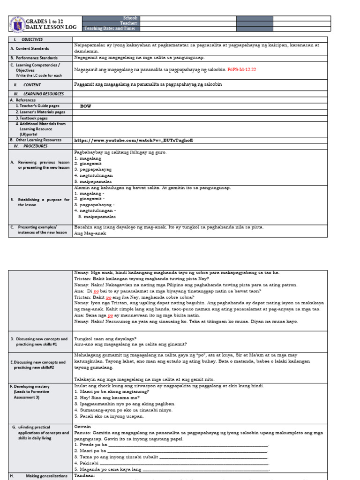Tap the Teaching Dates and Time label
click(110, 29)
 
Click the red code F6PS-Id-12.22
click(241, 69)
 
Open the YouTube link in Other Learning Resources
click(134, 140)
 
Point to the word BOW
click(85, 106)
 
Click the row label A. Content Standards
click(32, 48)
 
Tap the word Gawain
click(82, 427)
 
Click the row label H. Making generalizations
click(40, 476)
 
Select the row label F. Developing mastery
click(32, 386)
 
